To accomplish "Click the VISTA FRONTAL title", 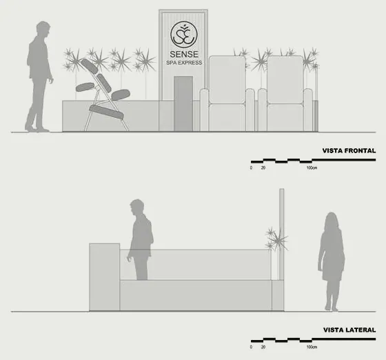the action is (349, 151).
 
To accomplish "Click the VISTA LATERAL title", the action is (349, 330).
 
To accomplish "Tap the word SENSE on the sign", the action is (184, 54).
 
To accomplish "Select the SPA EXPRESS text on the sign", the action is (184, 63).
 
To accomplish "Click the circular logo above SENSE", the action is (184, 34).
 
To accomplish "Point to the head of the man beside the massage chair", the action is (43, 30).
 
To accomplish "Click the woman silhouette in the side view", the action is (331, 261).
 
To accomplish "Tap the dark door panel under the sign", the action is (183, 103).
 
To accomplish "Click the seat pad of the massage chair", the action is (107, 112).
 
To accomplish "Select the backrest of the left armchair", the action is (227, 80).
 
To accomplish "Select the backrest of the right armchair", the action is (285, 80).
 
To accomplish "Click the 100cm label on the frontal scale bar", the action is (312, 168).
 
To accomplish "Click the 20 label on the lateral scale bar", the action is (263, 347).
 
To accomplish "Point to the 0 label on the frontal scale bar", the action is (251, 168).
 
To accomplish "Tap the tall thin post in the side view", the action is (282, 234).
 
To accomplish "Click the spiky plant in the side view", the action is (277, 239).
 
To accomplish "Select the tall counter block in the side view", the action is (104, 277).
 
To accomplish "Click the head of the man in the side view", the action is (137, 207).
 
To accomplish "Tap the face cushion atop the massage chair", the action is (90, 66).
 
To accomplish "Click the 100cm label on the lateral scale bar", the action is (312, 347).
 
